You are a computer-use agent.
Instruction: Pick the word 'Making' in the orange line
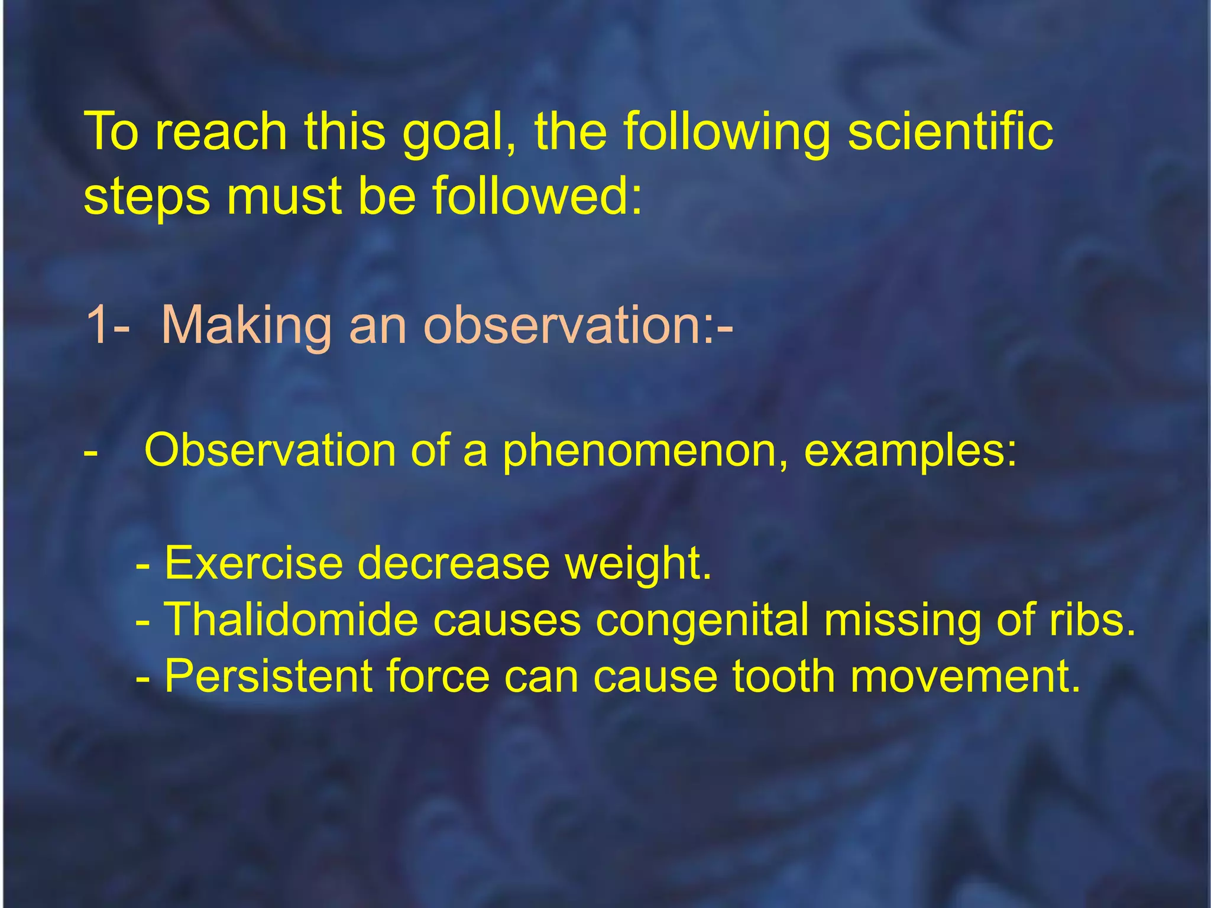pos(246,326)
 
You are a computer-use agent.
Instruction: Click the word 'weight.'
pos(638,564)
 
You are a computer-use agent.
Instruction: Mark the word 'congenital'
pos(701,621)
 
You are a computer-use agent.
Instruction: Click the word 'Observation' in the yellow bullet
pos(270,450)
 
